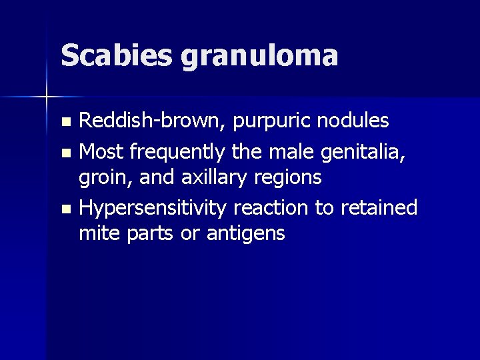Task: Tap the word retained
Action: point(378,208)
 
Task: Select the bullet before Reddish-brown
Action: point(65,123)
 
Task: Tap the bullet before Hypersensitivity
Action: point(65,209)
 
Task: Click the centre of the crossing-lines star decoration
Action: point(47,97)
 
